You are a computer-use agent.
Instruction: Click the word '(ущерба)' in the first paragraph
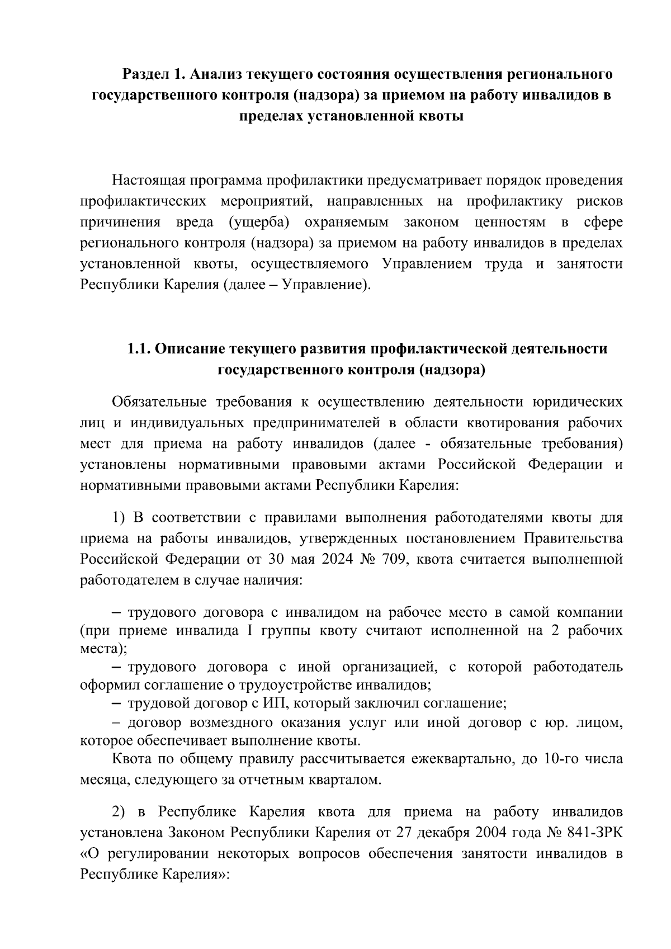coord(259,223)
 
